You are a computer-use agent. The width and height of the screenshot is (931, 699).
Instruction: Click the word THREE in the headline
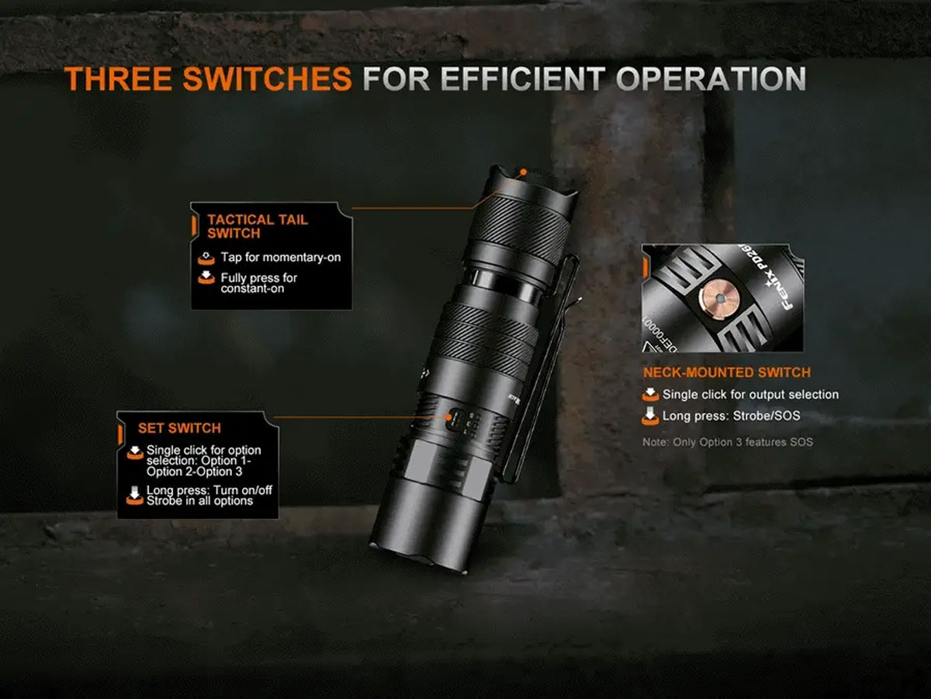click(119, 78)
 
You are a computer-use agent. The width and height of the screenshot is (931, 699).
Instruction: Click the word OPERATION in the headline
click(711, 78)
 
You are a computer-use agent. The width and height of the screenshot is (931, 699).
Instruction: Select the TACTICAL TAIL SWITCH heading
click(258, 226)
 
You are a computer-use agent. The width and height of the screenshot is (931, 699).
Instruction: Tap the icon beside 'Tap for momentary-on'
click(206, 258)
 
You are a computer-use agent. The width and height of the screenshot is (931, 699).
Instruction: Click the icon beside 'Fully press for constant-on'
click(206, 277)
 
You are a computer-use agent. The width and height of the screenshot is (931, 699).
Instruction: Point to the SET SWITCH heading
click(179, 428)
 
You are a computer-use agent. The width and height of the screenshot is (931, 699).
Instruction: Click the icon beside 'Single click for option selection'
click(135, 453)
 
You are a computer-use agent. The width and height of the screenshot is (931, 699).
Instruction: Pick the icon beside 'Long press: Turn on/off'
click(135, 496)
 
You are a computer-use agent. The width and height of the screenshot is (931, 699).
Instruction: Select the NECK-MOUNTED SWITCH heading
click(726, 372)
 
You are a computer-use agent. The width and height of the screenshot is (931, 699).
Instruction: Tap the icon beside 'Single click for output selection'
click(650, 395)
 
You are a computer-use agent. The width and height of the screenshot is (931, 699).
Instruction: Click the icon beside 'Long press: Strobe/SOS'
click(650, 416)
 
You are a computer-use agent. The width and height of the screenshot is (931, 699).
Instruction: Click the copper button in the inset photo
click(719, 299)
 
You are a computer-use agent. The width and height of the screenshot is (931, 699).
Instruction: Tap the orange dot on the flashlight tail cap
click(524, 172)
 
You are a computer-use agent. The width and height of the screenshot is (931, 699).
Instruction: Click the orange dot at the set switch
click(448, 417)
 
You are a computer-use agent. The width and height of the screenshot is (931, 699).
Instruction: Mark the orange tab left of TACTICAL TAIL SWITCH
click(194, 225)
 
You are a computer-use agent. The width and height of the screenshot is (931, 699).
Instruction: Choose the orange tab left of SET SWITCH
click(120, 434)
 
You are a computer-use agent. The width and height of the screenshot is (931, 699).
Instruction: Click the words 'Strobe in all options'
click(199, 501)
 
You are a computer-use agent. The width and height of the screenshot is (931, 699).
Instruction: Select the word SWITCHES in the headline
click(267, 78)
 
